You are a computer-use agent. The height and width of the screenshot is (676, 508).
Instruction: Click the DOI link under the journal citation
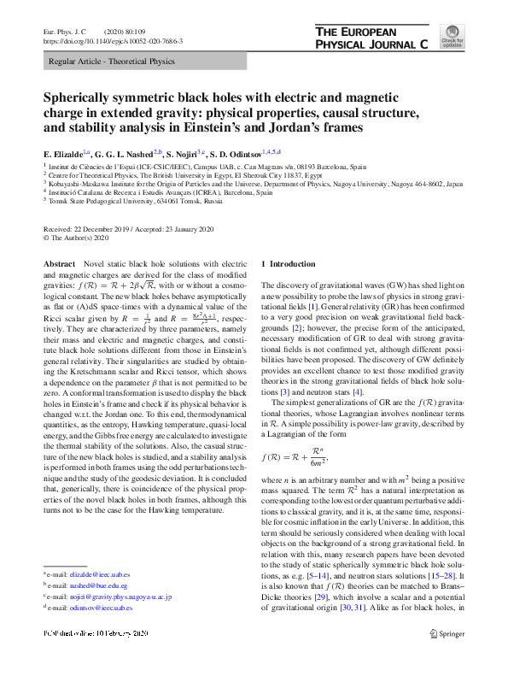coord(113,40)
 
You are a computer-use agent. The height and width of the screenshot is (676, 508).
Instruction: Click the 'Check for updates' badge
coord(452,39)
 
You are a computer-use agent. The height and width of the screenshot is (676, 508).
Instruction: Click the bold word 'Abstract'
coord(60,266)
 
